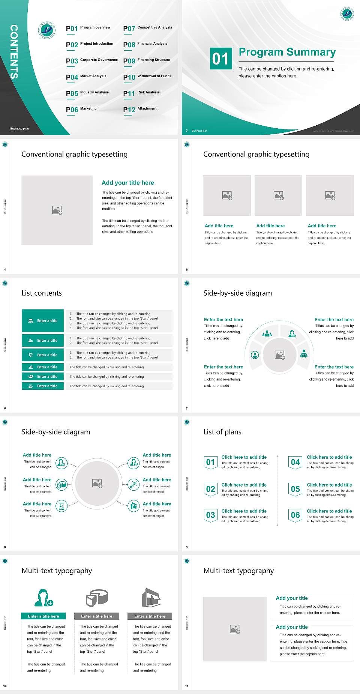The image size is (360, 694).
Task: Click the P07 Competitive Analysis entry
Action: [147, 28]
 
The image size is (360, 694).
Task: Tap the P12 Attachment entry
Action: [140, 109]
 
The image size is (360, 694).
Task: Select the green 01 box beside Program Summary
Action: [220, 59]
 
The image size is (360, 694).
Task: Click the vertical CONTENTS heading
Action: [14, 52]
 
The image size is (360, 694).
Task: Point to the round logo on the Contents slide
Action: [47, 30]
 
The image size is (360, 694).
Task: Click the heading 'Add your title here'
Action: [127, 183]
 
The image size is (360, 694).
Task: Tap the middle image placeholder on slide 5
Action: [278, 195]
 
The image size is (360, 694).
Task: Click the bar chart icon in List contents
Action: [31, 367]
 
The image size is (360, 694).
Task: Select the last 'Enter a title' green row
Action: [43, 386]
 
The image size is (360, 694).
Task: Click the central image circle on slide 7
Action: [279, 355]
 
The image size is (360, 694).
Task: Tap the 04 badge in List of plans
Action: [295, 462]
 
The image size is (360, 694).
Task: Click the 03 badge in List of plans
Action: [211, 515]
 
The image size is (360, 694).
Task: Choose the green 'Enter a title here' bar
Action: [43, 616]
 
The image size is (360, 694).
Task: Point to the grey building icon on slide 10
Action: [151, 598]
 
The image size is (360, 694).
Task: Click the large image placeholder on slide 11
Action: [235, 629]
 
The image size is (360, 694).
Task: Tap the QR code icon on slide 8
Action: [134, 485]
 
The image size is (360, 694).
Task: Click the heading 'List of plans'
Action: [222, 432]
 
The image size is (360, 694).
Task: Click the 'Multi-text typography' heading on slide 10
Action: [57, 571]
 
